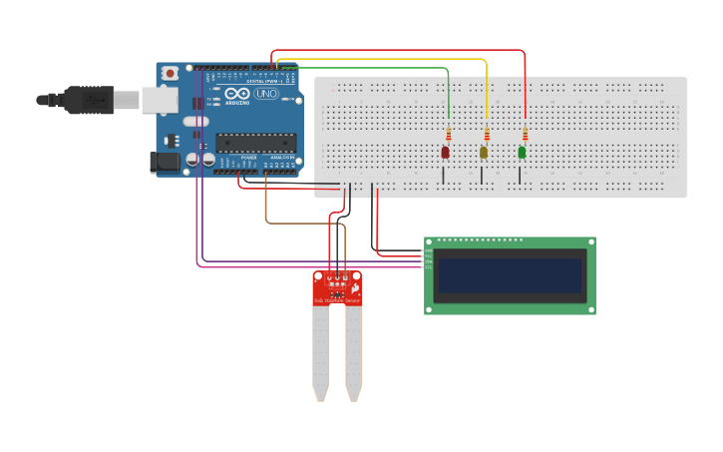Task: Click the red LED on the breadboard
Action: click(445, 153)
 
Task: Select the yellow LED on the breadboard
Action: click(484, 153)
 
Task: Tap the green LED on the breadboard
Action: click(522, 153)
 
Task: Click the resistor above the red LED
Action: click(449, 134)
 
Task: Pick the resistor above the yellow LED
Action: click(487, 134)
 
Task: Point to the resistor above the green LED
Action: click(525, 134)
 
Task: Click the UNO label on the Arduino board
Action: click(266, 94)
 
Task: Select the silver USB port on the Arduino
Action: click(159, 99)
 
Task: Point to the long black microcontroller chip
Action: click(255, 143)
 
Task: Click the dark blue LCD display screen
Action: click(510, 275)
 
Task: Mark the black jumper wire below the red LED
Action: click(444, 176)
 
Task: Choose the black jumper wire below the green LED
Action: click(520, 176)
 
